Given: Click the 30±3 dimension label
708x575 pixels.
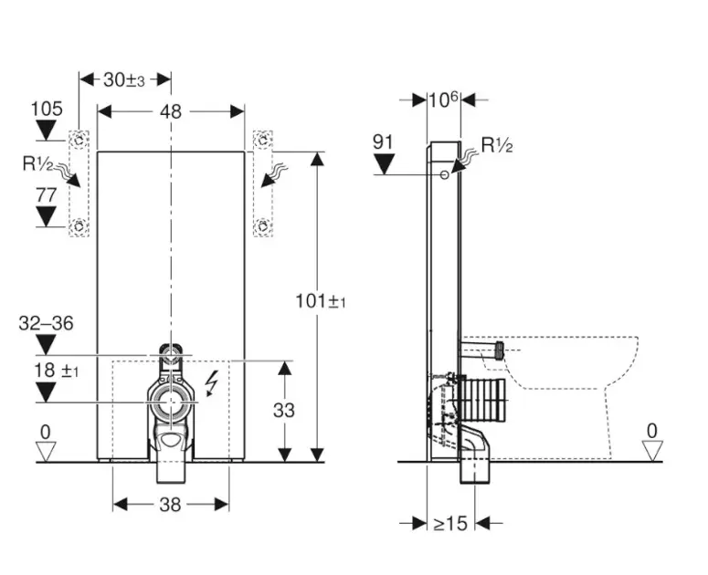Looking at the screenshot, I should click(125, 79).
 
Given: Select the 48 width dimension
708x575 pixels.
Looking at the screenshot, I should click(171, 111).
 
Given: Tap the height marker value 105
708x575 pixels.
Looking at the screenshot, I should click(47, 110).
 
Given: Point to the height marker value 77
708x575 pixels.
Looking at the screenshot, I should click(47, 194).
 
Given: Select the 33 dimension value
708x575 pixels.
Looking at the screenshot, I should click(284, 411).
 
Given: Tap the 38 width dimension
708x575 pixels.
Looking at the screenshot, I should click(170, 504).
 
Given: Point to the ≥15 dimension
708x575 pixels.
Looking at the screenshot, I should click(450, 523).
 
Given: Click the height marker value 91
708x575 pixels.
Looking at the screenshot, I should click(384, 141).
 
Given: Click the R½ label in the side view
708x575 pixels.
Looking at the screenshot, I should click(497, 144).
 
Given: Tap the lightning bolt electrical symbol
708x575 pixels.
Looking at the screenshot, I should click(213, 382).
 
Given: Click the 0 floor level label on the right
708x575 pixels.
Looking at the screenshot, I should click(651, 430).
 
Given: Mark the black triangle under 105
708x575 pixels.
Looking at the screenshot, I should click(47, 130).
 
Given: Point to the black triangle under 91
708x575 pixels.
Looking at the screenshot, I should click(384, 163).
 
